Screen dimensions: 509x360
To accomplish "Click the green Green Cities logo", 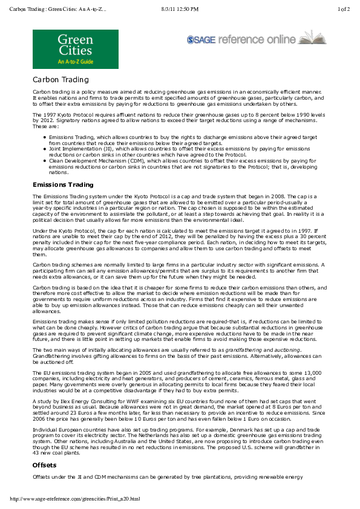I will [75, 48].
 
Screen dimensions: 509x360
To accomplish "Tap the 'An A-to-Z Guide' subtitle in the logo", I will [75, 62].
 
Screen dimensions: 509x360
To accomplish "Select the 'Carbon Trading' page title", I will [61, 80].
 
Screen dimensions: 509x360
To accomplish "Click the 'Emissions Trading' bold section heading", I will [63, 184].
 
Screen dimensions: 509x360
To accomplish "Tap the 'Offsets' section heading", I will [44, 465].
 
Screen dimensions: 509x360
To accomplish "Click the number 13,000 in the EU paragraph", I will [312, 373].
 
